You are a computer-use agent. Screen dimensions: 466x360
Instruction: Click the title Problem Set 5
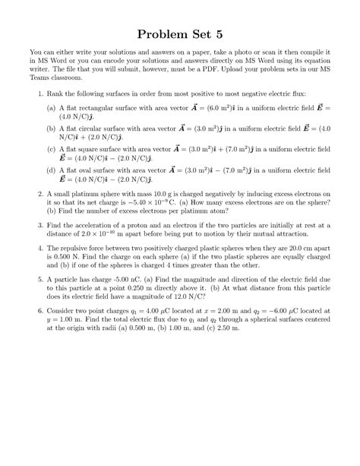coord(179,33)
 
